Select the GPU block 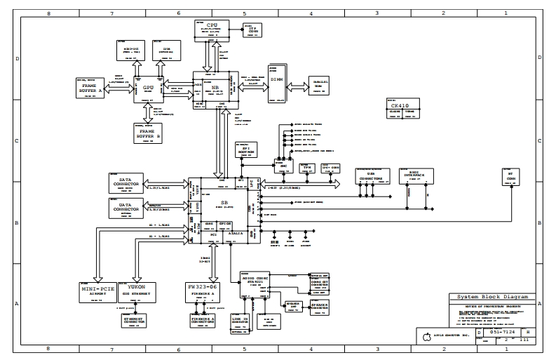tap(147, 89)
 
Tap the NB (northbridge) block tap(216, 89)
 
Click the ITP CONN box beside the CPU tap(251, 28)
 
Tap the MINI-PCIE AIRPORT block tap(97, 291)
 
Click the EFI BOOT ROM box tap(243, 149)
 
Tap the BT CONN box tap(515, 176)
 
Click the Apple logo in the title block tap(425, 338)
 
